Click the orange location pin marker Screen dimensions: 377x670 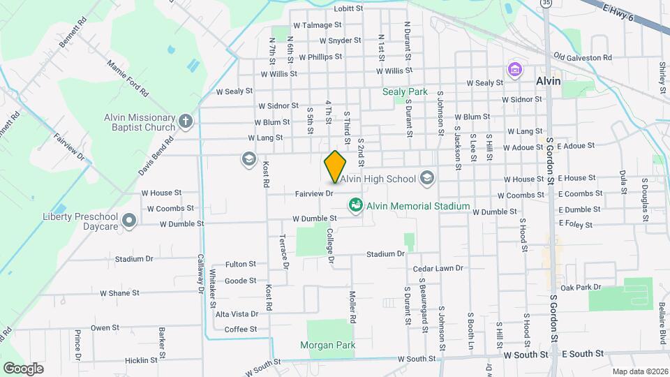point(336,166)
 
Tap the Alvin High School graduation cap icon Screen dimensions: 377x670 point(426,179)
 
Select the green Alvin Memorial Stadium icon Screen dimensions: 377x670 point(356,206)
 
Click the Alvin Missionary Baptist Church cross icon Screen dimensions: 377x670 point(185,121)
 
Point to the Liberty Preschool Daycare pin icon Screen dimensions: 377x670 point(128,221)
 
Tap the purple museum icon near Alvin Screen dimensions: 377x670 point(515,70)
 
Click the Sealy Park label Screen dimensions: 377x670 point(405,91)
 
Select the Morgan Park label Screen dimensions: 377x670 point(327,345)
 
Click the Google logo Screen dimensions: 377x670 point(24,368)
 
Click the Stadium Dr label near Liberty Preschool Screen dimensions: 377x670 point(134,259)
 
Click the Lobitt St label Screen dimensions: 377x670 point(349,9)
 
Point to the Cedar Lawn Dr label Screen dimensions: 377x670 point(438,268)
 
